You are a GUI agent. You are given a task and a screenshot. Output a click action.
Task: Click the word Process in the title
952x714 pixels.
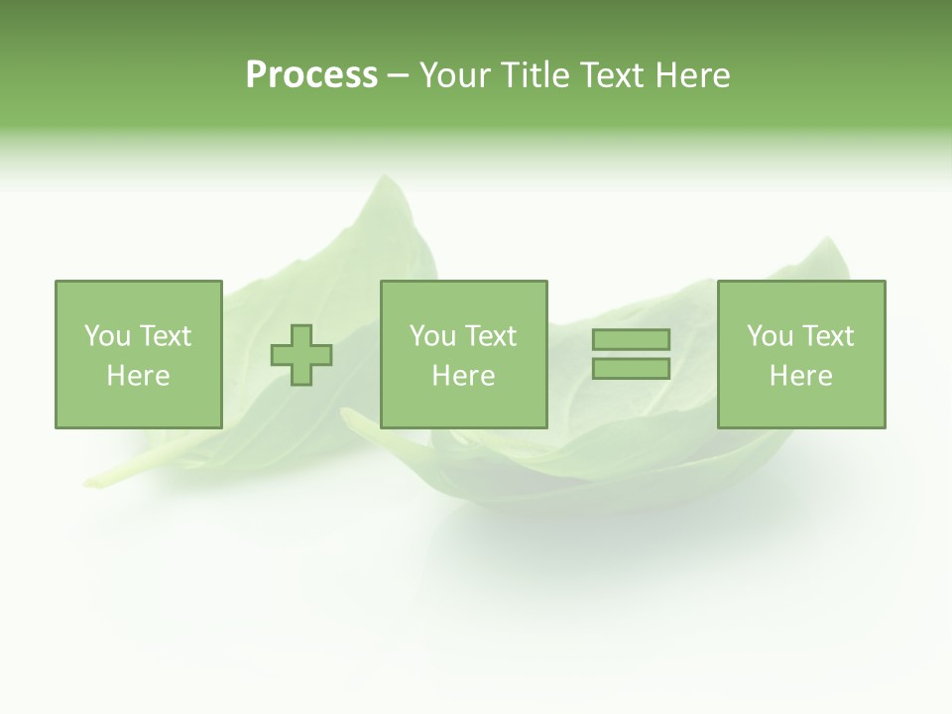(311, 75)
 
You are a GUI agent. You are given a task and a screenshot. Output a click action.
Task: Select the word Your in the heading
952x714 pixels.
(455, 75)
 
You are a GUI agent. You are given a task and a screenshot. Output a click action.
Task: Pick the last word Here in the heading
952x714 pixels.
(692, 75)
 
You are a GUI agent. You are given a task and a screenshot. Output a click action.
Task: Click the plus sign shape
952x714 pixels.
(302, 354)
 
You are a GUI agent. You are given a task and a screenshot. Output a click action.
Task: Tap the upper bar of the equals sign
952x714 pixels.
(631, 339)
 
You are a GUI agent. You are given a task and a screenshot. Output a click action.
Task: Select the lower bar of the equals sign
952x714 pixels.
(631, 368)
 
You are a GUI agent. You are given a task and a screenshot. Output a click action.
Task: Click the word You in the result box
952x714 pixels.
(770, 336)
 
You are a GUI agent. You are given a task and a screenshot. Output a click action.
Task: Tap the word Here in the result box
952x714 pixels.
(801, 376)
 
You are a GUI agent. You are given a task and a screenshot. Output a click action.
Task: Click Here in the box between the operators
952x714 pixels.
(464, 376)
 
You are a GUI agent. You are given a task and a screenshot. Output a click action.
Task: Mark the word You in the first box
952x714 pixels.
(107, 336)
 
